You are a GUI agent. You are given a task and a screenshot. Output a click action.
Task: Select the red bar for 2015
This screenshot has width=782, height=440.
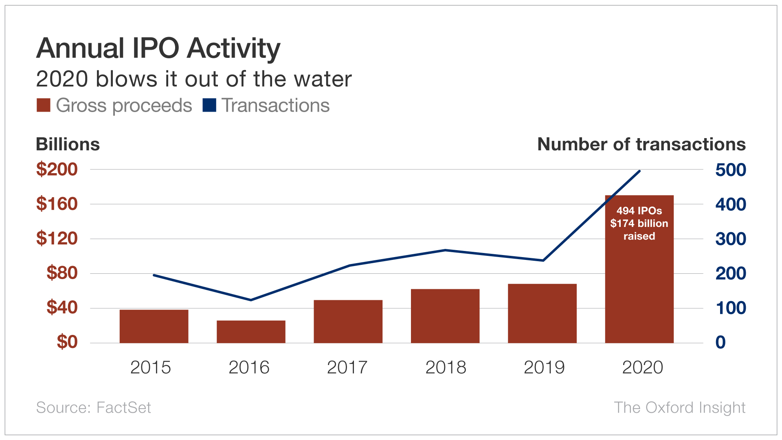click(154, 326)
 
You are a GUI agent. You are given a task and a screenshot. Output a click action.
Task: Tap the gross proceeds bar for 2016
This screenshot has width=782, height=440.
click(251, 332)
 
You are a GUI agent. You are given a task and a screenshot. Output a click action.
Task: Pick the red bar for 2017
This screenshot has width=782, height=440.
click(348, 321)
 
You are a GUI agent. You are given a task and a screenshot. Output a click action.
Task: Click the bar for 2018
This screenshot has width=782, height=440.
click(445, 316)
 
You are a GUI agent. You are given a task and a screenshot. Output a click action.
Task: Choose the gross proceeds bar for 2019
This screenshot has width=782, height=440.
click(543, 313)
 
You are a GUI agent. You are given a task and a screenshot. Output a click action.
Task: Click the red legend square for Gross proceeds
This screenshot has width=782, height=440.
click(44, 105)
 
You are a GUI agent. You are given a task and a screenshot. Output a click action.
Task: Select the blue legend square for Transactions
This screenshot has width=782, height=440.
click(209, 105)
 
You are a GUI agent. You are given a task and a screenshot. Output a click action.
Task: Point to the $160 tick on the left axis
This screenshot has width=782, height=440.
click(57, 204)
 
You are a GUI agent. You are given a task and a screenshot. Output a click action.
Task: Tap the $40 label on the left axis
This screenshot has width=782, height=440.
click(62, 307)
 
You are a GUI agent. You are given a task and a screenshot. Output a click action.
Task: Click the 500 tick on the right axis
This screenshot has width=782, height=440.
click(731, 170)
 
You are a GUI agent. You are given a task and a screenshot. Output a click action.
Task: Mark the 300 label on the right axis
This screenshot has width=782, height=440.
click(731, 239)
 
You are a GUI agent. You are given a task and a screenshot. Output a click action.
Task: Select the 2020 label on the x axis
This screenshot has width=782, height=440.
click(643, 367)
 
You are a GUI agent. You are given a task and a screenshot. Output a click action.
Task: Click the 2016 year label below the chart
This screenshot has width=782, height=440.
click(249, 367)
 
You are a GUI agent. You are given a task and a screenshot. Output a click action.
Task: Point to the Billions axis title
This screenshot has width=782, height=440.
click(68, 145)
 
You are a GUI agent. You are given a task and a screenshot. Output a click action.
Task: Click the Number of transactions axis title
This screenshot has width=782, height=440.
click(641, 145)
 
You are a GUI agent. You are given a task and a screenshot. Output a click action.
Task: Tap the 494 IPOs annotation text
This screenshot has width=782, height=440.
click(639, 211)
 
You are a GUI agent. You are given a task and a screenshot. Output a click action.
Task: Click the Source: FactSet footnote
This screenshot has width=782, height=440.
click(94, 407)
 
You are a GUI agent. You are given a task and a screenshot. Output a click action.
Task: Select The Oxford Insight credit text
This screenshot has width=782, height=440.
click(680, 407)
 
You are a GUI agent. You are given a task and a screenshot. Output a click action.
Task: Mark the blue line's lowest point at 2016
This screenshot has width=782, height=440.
click(251, 300)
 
